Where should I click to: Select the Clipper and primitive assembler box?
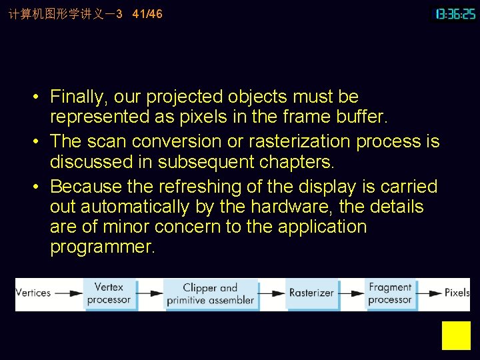point(211,294)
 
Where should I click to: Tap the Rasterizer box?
point(311,293)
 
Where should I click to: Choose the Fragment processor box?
point(390,293)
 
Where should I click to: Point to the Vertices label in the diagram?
point(33,293)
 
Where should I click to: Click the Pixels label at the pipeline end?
point(457,293)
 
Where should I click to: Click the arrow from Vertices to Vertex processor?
point(68,293)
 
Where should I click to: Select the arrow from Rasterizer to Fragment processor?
point(351,293)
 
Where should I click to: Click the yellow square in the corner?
point(456,335)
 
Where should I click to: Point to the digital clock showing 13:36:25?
point(456,14)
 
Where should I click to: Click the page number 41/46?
point(147,14)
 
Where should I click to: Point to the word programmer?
point(103,247)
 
